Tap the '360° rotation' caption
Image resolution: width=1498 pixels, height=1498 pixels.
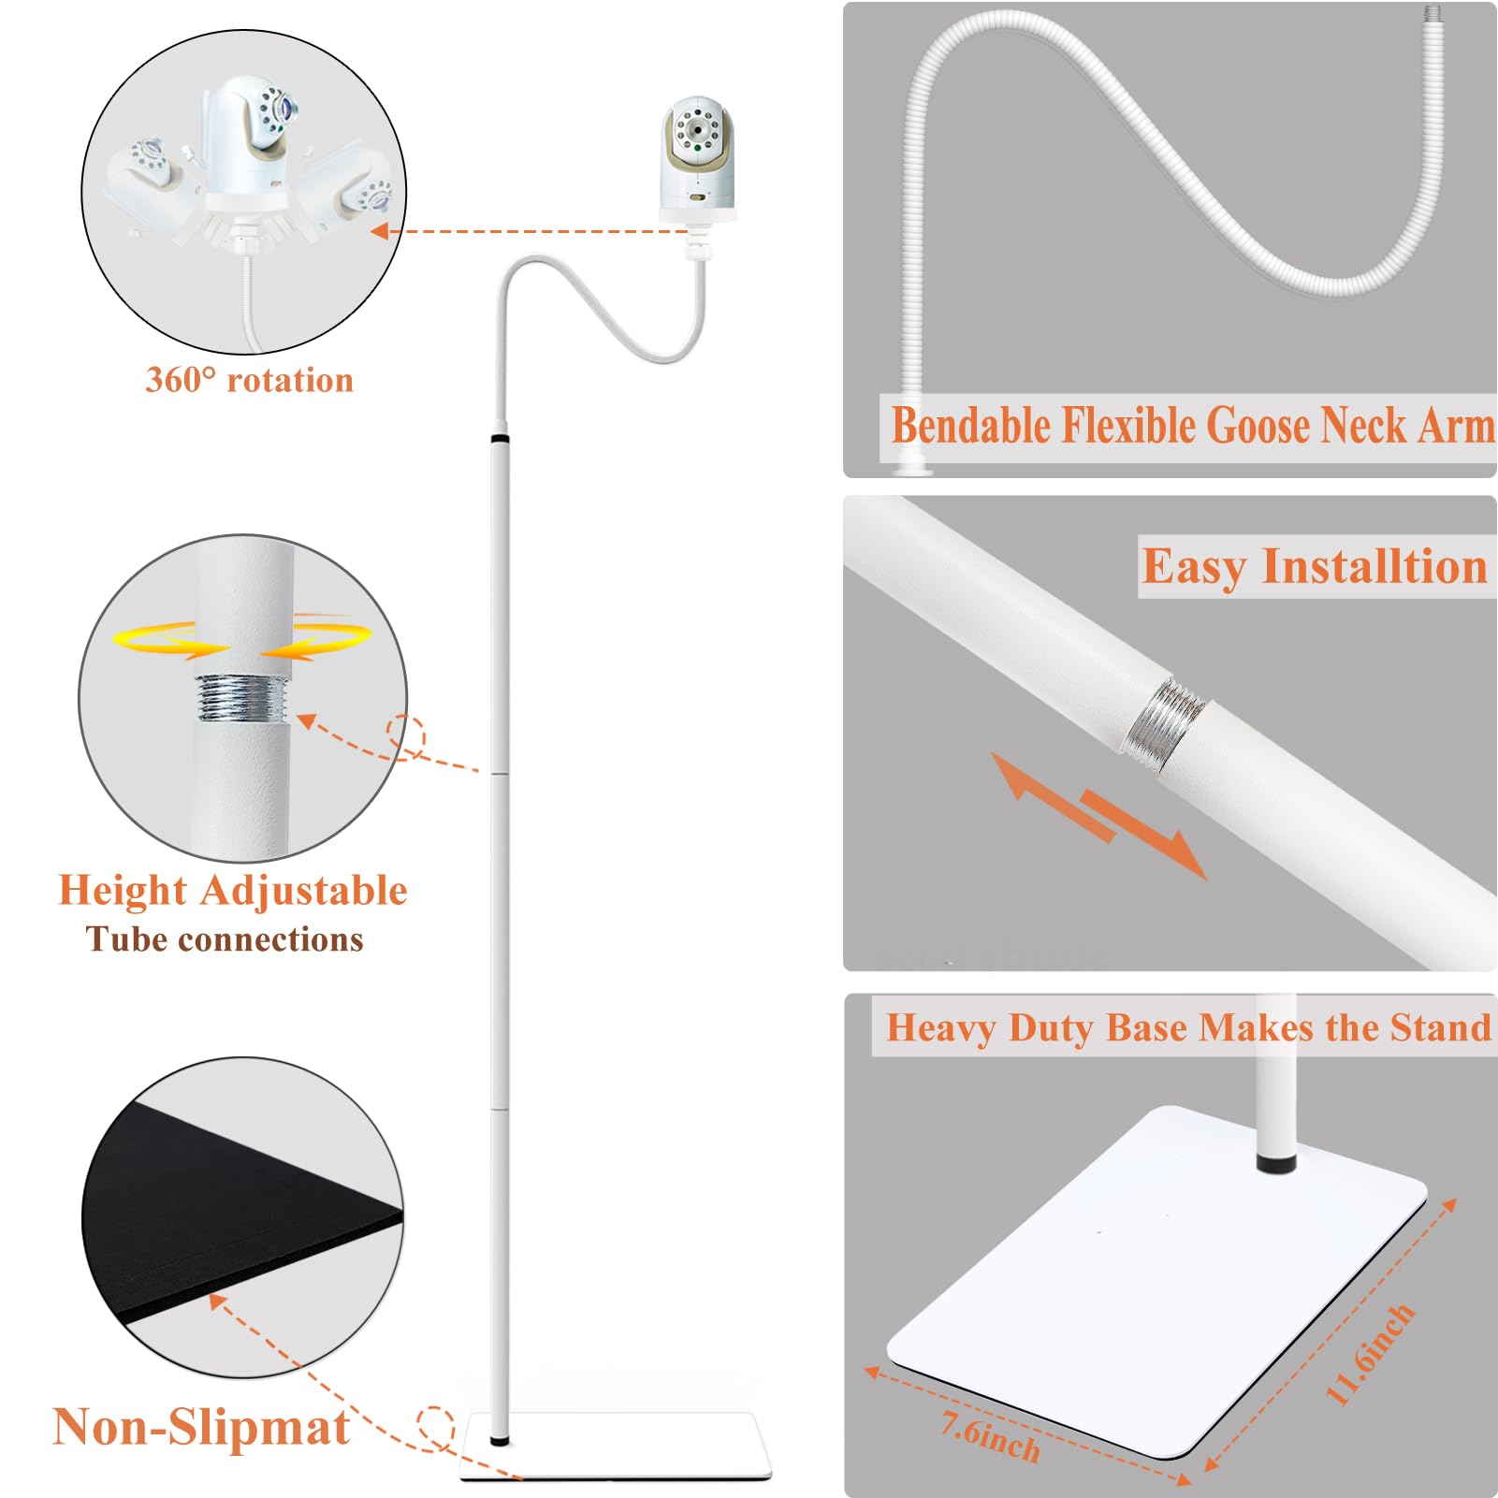(250, 380)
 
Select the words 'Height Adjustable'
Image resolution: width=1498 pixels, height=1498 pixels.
(233, 890)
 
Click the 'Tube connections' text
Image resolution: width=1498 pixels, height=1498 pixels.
(225, 939)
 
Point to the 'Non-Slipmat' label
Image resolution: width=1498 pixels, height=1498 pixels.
(201, 1427)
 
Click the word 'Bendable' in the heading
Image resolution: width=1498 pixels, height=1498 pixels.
(971, 426)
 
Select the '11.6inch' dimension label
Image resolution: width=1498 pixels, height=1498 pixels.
(1370, 1353)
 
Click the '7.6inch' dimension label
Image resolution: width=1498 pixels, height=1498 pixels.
(991, 1436)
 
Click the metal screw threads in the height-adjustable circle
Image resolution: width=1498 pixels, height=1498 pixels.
(242, 698)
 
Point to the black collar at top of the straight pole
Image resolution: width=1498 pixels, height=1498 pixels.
(501, 437)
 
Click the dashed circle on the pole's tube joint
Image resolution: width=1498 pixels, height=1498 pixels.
(406, 736)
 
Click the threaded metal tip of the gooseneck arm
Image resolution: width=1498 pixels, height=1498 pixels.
(1433, 14)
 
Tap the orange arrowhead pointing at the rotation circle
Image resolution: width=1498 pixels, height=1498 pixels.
(380, 230)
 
